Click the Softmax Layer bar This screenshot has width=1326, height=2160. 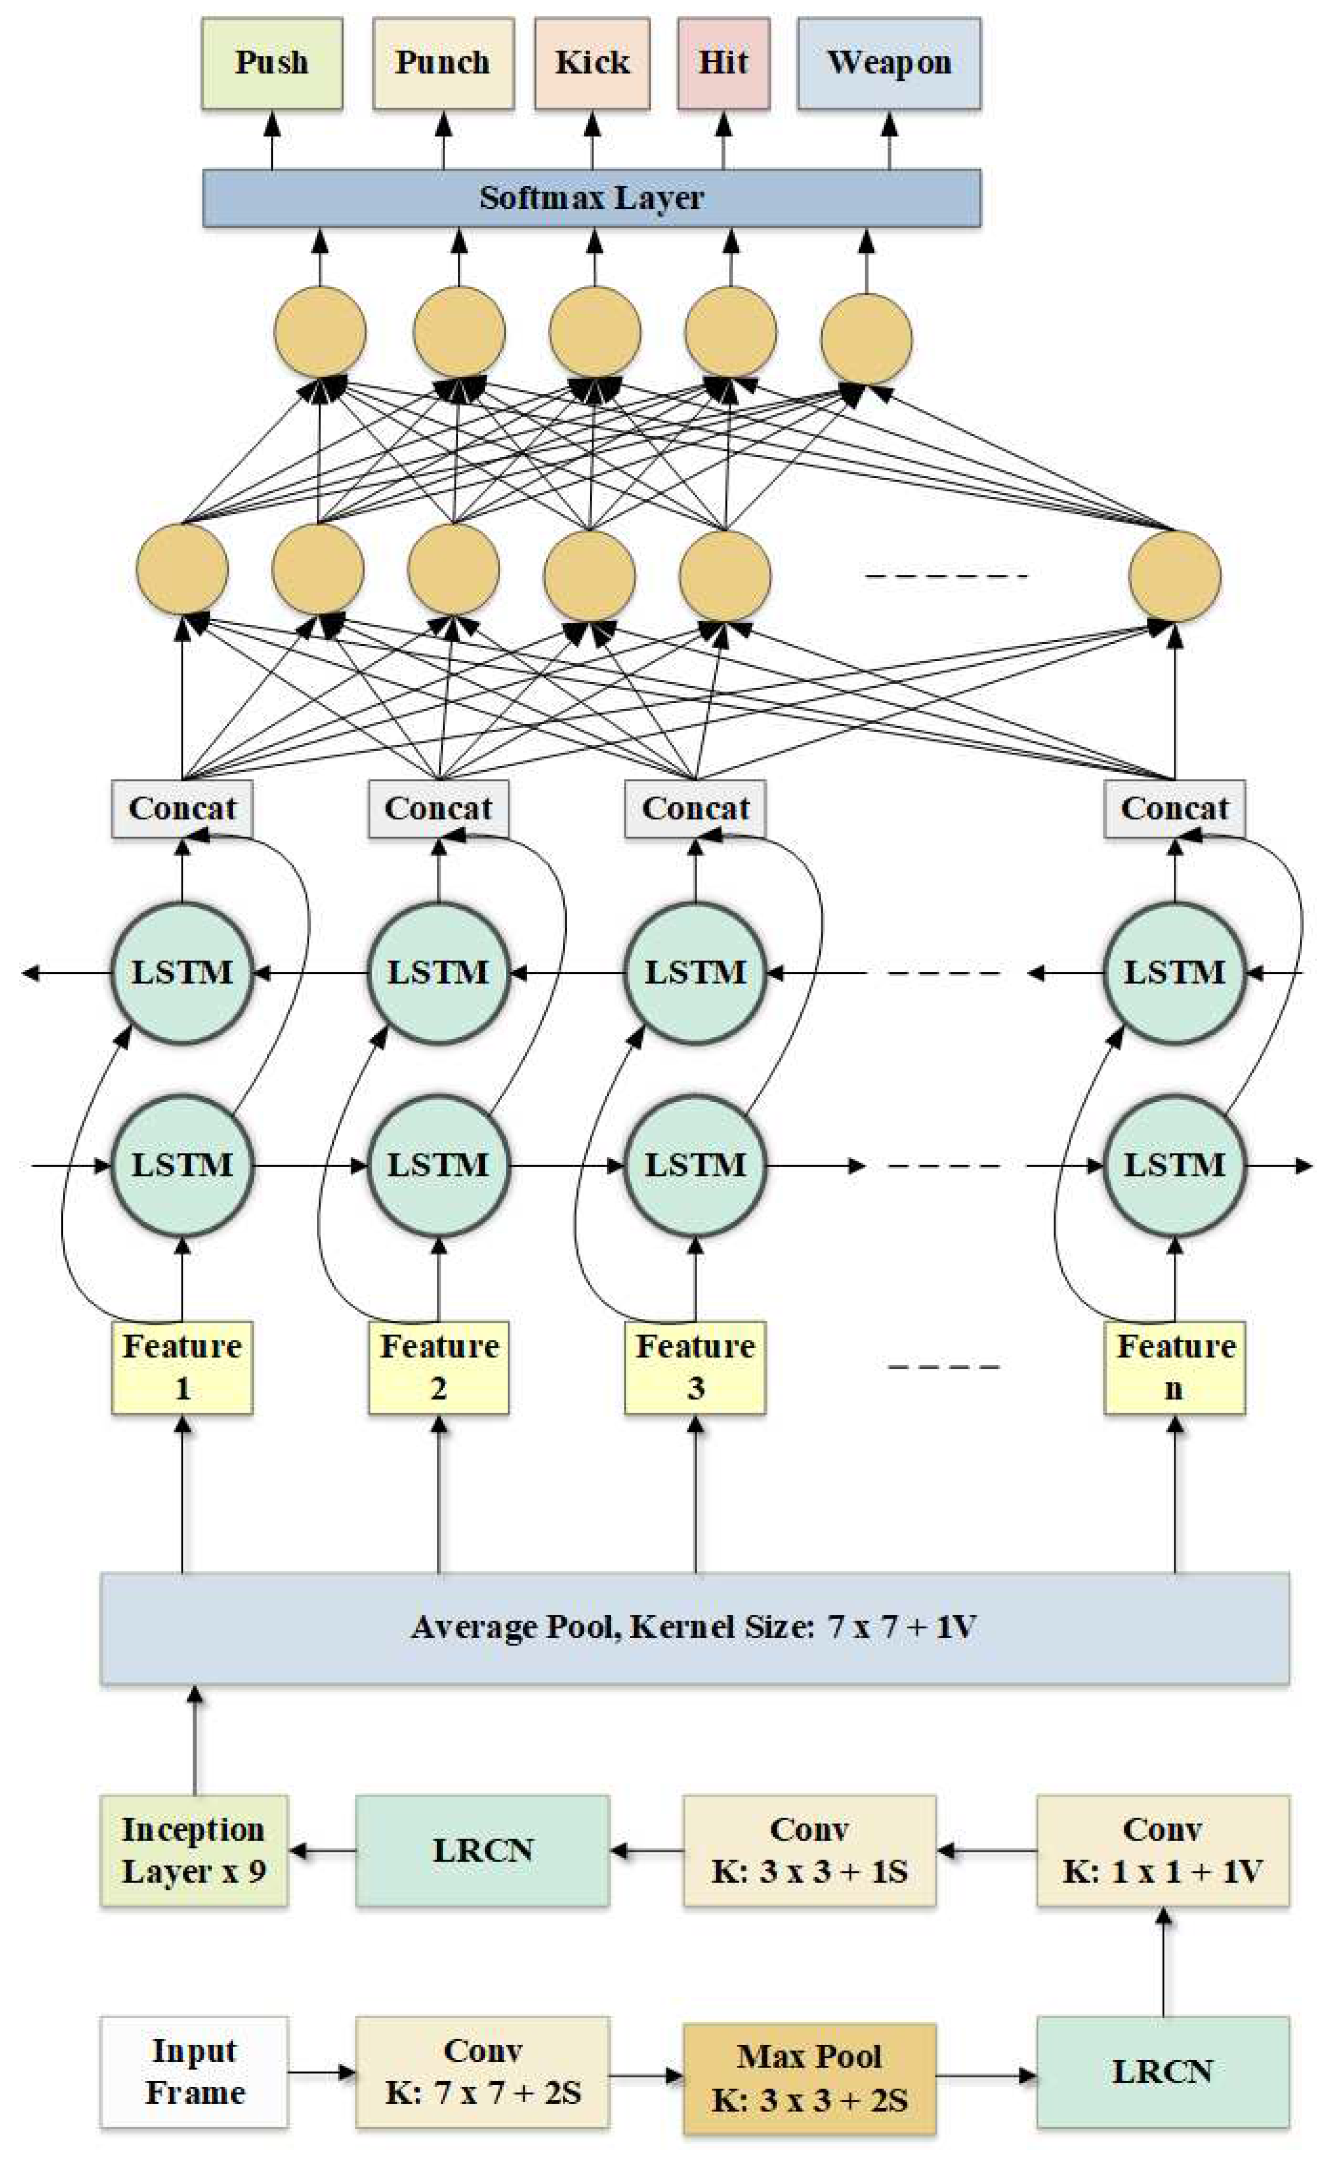[592, 198]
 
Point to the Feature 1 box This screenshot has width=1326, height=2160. [182, 1367]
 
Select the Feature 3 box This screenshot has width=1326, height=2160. [695, 1367]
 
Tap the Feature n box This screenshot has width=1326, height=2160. [1174, 1367]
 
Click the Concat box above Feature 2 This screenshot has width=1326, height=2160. [438, 808]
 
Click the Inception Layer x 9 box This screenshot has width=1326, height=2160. [194, 1850]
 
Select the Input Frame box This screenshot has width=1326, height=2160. [194, 2071]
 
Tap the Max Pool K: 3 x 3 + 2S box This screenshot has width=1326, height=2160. [808, 2078]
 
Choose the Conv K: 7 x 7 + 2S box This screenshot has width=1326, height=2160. [482, 2071]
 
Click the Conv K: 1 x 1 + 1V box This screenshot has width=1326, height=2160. [1163, 1850]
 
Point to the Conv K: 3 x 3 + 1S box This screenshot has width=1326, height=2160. [808, 1850]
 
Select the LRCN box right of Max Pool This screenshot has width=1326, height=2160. [1163, 2071]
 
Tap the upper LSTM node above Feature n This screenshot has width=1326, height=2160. [1174, 973]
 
